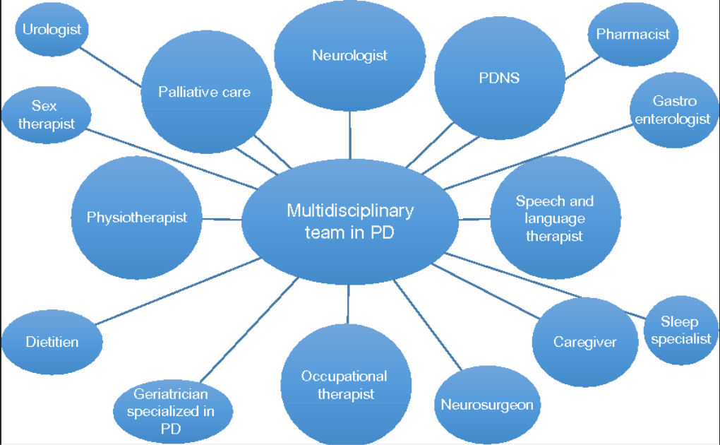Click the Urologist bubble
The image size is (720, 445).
coord(52,30)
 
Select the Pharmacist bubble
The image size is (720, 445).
coord(632,34)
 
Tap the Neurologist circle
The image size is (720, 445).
coord(349,55)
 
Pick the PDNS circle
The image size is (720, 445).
coord(499,78)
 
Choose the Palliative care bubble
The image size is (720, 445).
coord(205,92)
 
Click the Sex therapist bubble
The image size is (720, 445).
coord(47,114)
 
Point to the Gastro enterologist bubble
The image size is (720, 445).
coord(672,110)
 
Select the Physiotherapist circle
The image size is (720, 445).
coord(137,218)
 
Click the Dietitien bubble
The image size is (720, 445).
coord(52,342)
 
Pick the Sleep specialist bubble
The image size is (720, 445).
coord(680,331)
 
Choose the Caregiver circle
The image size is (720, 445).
coord(584,342)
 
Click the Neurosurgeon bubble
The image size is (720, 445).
coord(486,405)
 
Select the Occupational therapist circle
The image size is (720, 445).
coord(345,385)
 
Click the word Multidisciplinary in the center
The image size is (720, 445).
coord(350,210)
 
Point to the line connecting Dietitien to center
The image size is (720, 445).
coord(176,292)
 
